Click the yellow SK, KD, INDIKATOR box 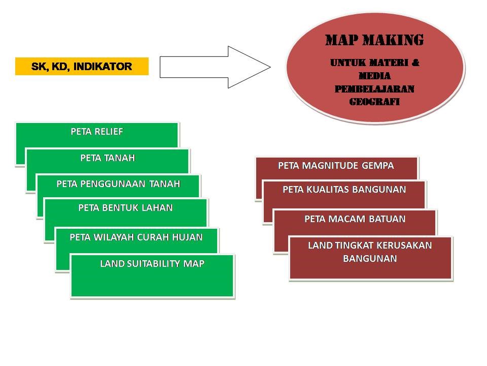click(82, 67)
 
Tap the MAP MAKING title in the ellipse click(374, 40)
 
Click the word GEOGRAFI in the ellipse click(374, 102)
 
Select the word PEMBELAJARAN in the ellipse click(374, 89)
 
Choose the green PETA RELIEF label click(97, 132)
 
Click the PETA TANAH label click(108, 158)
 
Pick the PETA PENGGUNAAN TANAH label click(118, 184)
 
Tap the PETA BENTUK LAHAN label click(125, 207)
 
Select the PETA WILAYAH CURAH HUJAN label click(136, 237)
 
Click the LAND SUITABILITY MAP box click(152, 275)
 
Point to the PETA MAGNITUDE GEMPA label click(336, 165)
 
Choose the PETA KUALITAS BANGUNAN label click(344, 190)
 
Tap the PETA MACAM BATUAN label click(355, 219)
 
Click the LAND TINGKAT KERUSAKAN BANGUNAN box click(370, 257)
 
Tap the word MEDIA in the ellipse click(374, 76)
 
